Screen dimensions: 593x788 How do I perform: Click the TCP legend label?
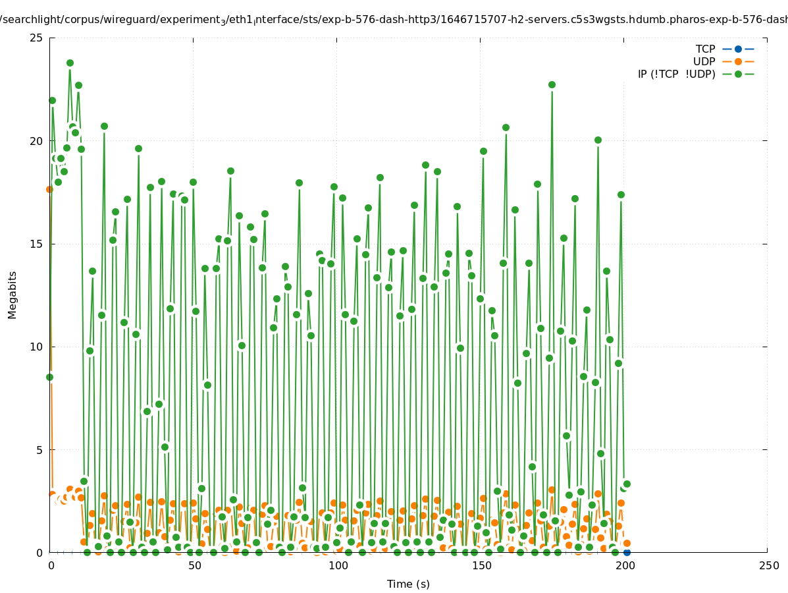[x=705, y=49]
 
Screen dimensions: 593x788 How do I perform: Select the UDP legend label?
[x=704, y=61]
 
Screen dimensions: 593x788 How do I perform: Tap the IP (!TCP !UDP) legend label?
[x=676, y=74]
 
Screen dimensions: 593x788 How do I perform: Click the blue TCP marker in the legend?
[x=738, y=49]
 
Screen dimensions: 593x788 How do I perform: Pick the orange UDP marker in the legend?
[x=738, y=61]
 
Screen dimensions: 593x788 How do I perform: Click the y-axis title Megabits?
[x=13, y=295]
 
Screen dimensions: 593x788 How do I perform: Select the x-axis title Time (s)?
[x=408, y=584]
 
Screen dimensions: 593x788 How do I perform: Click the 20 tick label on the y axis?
[x=37, y=141]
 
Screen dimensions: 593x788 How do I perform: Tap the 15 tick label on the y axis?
[x=37, y=244]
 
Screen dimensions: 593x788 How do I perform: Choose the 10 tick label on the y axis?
[x=37, y=347]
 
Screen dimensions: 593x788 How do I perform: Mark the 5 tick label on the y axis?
[x=40, y=450]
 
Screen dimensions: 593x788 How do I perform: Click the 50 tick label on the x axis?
[x=194, y=566]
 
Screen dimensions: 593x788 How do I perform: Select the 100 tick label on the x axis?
[x=338, y=566]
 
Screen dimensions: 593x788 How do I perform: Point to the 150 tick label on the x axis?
[x=481, y=566]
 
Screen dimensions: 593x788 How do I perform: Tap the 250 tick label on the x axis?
[x=768, y=566]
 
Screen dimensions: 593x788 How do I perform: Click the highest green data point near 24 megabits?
[x=70, y=63]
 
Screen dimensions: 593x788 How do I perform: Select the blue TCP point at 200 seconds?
[x=627, y=552]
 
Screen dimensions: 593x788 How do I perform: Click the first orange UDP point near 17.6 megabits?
[x=49, y=189]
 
